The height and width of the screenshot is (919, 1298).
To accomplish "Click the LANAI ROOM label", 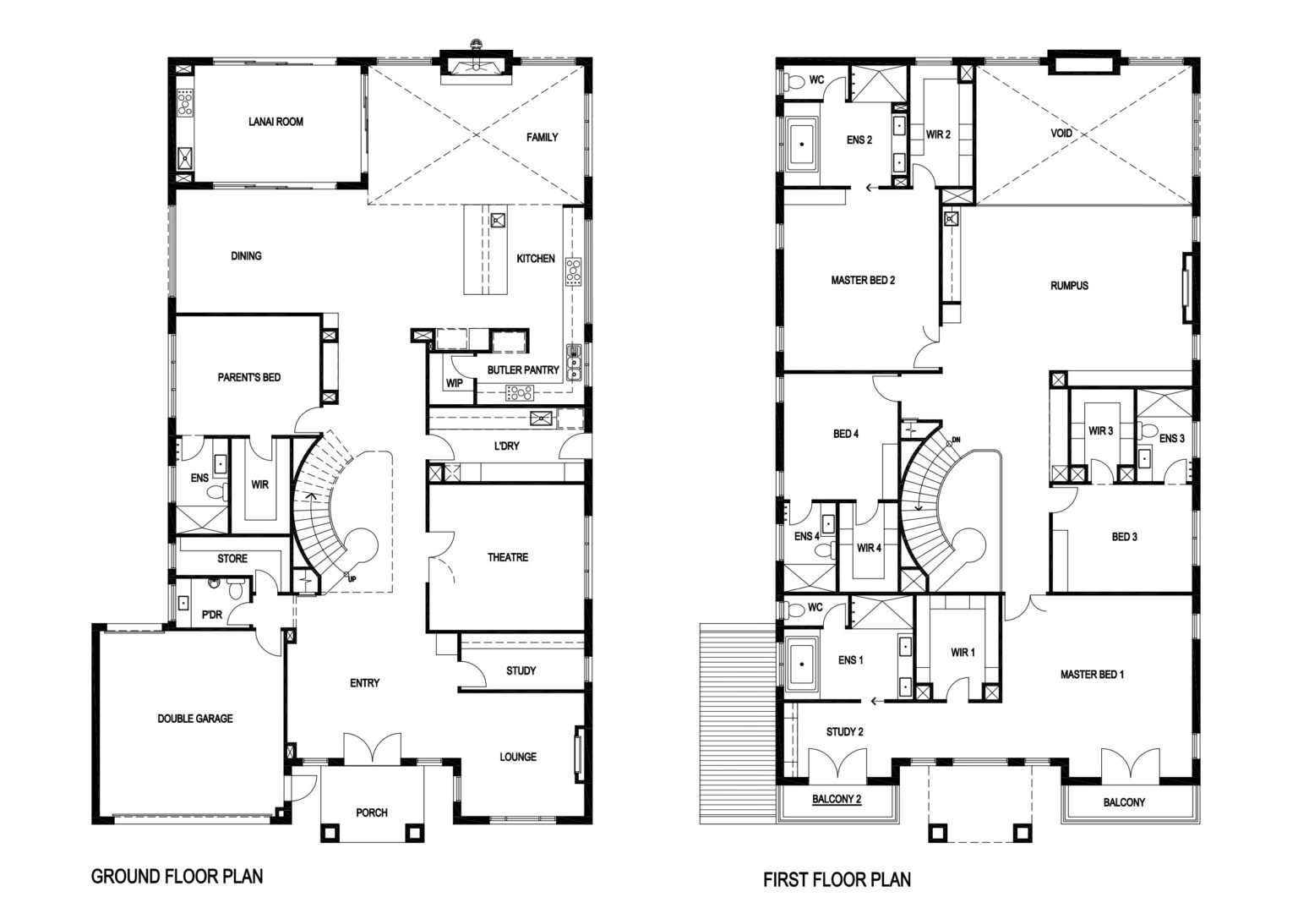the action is click(275, 122).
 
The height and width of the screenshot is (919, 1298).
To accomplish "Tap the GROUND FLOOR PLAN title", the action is click(177, 876).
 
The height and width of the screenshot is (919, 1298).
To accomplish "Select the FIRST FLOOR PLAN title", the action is click(837, 879).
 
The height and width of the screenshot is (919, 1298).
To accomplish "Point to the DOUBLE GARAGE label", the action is click(195, 719).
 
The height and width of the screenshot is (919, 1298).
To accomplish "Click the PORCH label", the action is click(372, 812).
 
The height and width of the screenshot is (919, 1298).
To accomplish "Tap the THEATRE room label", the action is click(508, 557).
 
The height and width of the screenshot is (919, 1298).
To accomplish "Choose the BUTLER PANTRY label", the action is click(523, 370).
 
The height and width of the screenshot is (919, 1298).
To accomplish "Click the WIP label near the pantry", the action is click(455, 383).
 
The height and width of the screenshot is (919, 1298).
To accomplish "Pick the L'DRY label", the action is click(506, 446).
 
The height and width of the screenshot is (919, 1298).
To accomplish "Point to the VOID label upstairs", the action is click(1061, 133).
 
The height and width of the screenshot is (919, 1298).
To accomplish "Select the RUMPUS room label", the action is click(1069, 285).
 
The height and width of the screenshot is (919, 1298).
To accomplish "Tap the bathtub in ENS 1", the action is click(802, 665).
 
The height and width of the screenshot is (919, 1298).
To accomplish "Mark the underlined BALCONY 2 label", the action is click(836, 799).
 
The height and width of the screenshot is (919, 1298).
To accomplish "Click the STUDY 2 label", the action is click(844, 731).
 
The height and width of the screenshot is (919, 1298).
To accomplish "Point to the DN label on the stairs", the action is click(956, 440).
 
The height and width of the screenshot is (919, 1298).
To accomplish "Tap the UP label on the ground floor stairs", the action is click(352, 578).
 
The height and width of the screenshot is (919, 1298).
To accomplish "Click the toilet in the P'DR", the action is click(236, 588).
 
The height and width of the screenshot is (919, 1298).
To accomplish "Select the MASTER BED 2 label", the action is click(863, 281).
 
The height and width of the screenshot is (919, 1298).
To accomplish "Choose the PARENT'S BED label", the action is click(249, 377).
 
